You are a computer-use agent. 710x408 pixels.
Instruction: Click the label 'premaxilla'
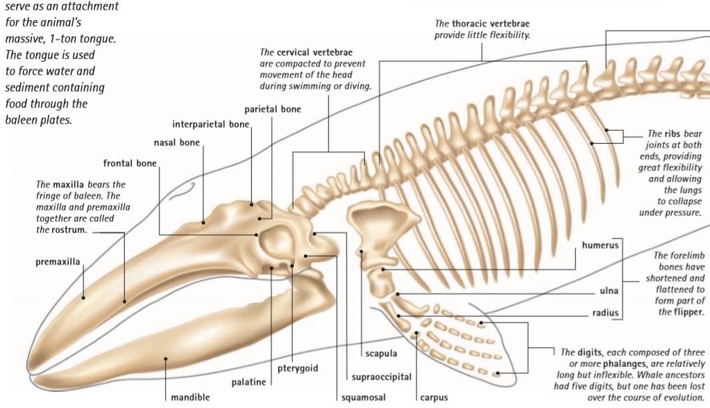(58, 262)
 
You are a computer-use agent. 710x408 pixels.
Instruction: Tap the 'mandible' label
(190, 398)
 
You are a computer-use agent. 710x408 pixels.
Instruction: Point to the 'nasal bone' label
(176, 143)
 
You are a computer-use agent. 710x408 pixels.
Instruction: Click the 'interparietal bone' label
(210, 124)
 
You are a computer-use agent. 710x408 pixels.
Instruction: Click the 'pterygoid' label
(298, 368)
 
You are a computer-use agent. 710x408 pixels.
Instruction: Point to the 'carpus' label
(434, 398)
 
